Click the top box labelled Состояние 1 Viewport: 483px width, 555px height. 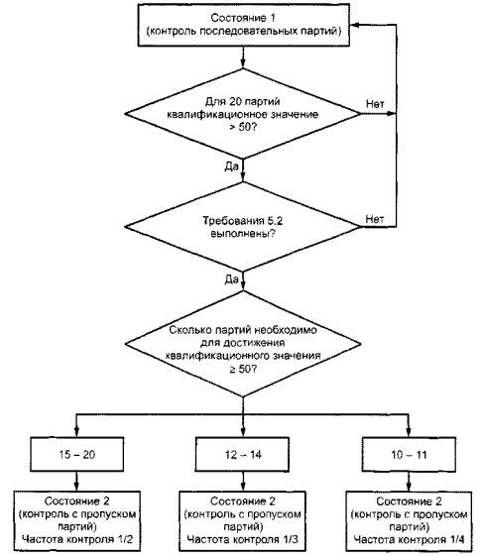tap(244, 25)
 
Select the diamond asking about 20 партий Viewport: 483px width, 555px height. tap(243, 114)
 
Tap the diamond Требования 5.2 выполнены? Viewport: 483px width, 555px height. tap(243, 227)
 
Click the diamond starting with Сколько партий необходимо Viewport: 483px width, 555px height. tap(243, 344)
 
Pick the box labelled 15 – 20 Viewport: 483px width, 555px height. tap(76, 455)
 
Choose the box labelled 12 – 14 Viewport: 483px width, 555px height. tap(243, 455)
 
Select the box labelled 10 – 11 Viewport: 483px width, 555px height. tap(409, 455)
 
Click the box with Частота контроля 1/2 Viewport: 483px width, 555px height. tap(76, 521)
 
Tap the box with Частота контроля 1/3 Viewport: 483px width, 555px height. tap(243, 521)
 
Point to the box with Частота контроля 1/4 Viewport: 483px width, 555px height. tap(409, 521)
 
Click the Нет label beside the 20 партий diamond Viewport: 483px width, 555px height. tap(375, 104)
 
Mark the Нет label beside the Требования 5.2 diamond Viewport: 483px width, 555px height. tap(375, 219)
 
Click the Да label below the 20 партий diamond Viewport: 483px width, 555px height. tap(232, 166)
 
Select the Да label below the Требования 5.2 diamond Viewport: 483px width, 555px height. tap(232, 279)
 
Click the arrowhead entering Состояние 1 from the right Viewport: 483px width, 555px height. tap(355, 25)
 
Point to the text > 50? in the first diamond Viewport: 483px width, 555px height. tap(243, 127)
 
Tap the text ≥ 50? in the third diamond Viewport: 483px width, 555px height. tap(243, 369)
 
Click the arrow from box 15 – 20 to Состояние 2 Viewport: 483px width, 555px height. tap(76, 482)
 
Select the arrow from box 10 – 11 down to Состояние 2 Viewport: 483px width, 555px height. tap(409, 482)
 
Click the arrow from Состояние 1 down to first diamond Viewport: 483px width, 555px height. tap(243, 57)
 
